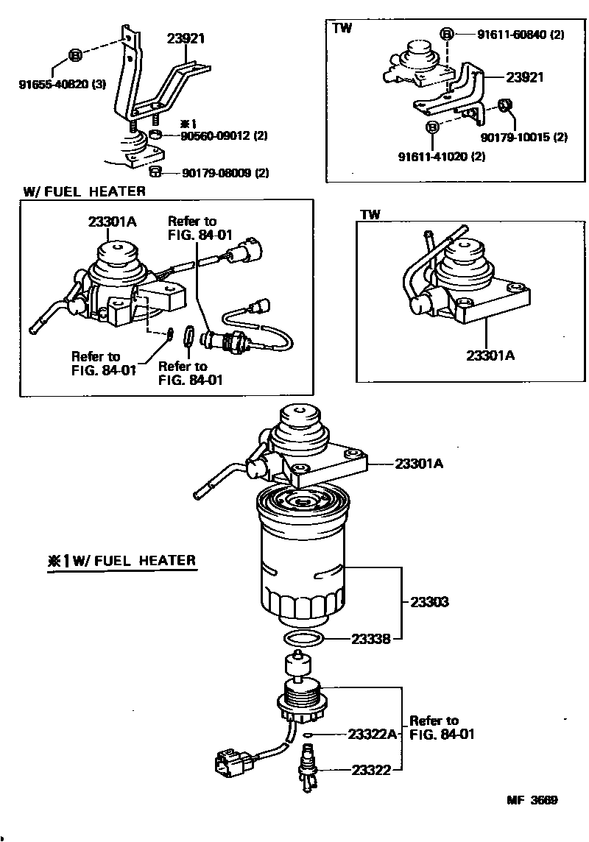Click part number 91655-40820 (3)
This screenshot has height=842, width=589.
(x=62, y=84)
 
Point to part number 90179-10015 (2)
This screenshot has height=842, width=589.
(x=524, y=137)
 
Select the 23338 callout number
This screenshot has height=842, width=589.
(x=371, y=639)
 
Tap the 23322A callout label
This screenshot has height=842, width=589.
(x=373, y=734)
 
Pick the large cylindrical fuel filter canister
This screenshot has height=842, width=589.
(x=301, y=559)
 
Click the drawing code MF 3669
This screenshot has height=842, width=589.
(x=531, y=801)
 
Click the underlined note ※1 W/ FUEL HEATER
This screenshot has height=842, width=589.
(x=122, y=561)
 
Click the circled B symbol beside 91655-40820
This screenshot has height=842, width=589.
(x=75, y=55)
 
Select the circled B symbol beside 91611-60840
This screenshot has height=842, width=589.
(x=445, y=34)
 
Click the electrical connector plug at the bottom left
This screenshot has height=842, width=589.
(x=230, y=766)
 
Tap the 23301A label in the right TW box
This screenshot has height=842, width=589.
(x=490, y=355)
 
